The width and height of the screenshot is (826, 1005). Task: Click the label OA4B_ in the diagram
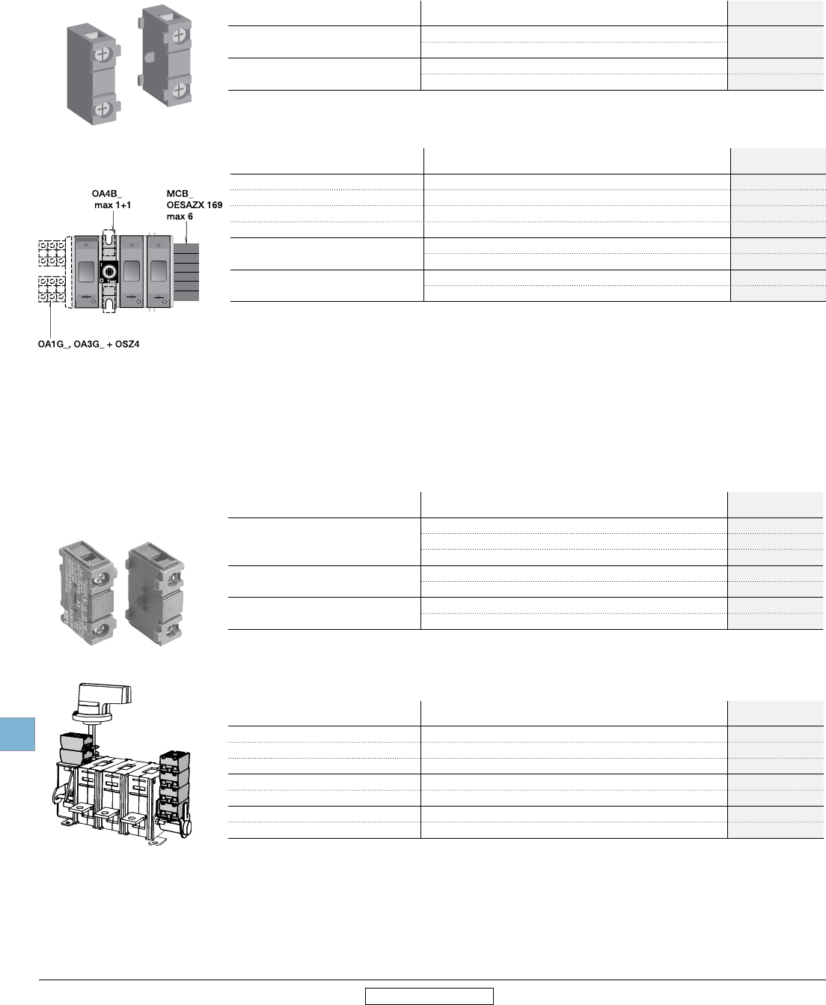click(x=107, y=193)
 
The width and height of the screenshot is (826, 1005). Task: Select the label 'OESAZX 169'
click(x=195, y=204)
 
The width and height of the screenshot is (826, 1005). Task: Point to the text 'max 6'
click(x=180, y=216)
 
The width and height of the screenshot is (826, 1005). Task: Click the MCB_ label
click(x=180, y=193)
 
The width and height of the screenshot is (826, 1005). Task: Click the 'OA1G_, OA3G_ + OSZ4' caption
click(x=89, y=344)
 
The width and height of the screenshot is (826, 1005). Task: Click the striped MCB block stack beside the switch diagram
click(x=186, y=271)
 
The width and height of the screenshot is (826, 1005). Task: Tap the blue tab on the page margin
click(x=17, y=733)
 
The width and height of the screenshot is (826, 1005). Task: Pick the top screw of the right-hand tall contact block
click(x=179, y=35)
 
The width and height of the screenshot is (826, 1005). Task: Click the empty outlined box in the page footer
click(x=429, y=996)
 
